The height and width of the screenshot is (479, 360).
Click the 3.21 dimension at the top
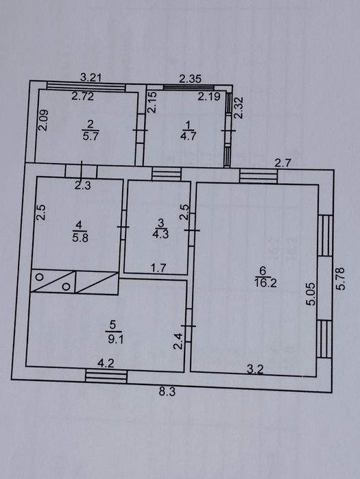pyautogui.click(x=91, y=77)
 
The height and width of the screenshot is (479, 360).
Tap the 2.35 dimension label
pyautogui.click(x=190, y=79)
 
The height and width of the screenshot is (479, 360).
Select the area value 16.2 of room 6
pyautogui.click(x=265, y=283)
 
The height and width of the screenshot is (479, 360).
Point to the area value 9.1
pyautogui.click(x=116, y=339)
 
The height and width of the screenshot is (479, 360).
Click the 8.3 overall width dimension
pyautogui.click(x=167, y=392)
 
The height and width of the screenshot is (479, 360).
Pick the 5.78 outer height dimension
pyautogui.click(x=341, y=278)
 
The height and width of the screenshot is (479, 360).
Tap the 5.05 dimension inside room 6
pyautogui.click(x=311, y=294)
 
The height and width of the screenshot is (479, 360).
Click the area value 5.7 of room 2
pyautogui.click(x=91, y=135)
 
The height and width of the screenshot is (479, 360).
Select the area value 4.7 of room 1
pyautogui.click(x=188, y=135)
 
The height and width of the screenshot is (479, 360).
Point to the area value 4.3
pyautogui.click(x=160, y=234)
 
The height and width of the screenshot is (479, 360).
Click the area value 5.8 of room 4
pyautogui.click(x=80, y=237)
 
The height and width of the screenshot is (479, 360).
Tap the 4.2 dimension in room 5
pyautogui.click(x=106, y=363)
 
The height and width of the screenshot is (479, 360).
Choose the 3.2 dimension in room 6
pyautogui.click(x=255, y=369)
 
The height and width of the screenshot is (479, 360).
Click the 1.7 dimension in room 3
pyautogui.click(x=158, y=268)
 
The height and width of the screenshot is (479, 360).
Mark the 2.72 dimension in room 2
pyautogui.click(x=82, y=96)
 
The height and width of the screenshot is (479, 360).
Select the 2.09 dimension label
pyautogui.click(x=43, y=121)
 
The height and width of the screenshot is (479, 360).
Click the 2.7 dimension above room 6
pyautogui.click(x=283, y=163)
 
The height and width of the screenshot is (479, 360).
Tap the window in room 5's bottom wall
pyautogui.click(x=106, y=376)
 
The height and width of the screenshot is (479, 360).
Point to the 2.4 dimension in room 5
pyautogui.click(x=178, y=341)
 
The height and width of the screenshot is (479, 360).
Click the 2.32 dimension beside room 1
pyautogui.click(x=238, y=107)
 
